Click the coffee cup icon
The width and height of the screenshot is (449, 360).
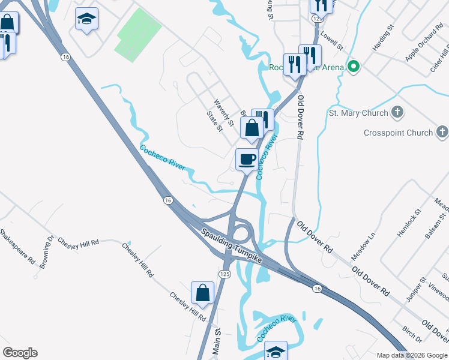pyautogui.click(x=247, y=160)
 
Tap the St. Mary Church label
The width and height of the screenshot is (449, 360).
pyautogui.click(x=359, y=112)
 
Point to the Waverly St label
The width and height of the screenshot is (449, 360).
pyautogui.click(x=223, y=107)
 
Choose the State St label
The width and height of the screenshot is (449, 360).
pyautogui.click(x=214, y=120)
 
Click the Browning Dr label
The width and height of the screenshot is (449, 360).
pyautogui.click(x=48, y=252)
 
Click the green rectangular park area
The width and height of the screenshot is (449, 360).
pyautogui.click(x=139, y=35)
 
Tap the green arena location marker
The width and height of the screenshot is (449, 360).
pyautogui.click(x=354, y=67)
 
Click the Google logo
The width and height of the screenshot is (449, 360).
pyautogui.click(x=20, y=353)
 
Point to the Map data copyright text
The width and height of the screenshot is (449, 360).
pyautogui.click(x=412, y=355)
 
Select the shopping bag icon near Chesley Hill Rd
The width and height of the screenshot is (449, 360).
pyautogui.click(x=203, y=293)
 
